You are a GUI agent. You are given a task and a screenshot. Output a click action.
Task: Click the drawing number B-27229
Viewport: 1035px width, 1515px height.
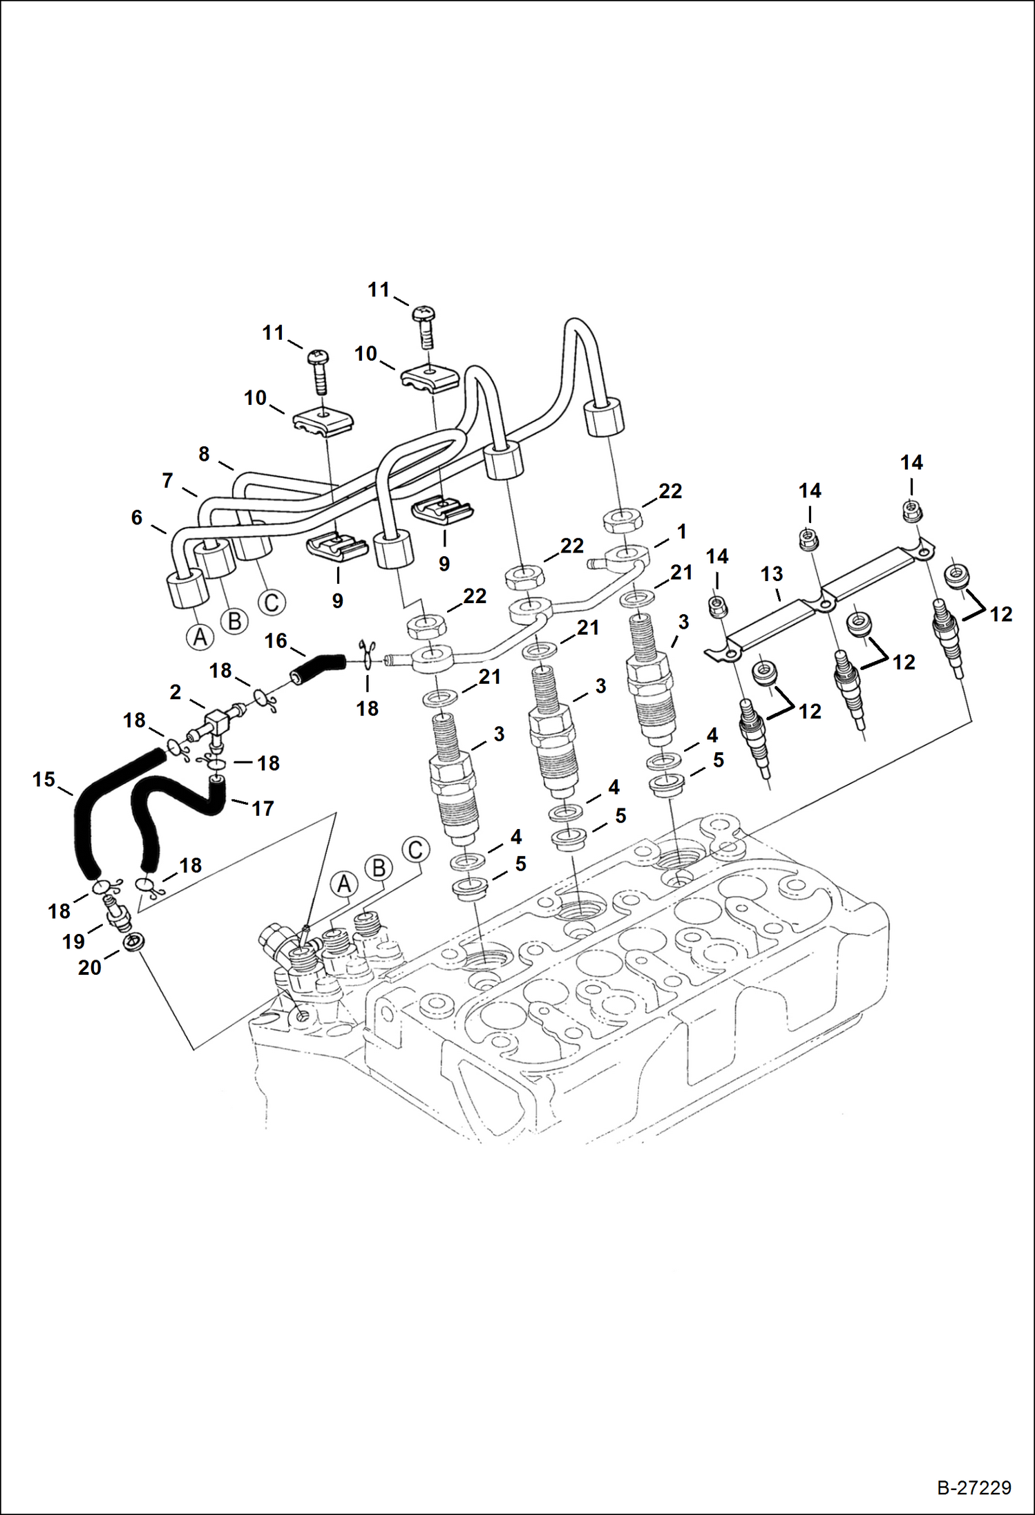[974, 1487]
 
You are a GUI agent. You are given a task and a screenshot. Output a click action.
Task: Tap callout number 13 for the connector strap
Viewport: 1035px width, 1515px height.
[772, 573]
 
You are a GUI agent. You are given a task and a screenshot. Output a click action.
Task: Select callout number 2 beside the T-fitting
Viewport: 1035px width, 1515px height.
[175, 692]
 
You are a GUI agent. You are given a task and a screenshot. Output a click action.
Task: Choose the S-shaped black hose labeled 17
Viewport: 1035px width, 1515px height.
[173, 808]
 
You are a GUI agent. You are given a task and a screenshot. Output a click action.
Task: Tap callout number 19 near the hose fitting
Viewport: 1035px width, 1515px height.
[73, 941]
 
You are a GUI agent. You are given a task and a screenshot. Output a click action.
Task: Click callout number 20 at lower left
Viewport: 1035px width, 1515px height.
[89, 967]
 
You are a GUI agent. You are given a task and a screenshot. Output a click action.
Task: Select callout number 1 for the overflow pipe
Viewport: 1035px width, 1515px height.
[682, 531]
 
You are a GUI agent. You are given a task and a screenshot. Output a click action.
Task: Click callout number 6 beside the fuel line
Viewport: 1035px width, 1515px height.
[137, 517]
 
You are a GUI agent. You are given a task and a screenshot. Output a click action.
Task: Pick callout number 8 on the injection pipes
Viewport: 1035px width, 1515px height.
[203, 454]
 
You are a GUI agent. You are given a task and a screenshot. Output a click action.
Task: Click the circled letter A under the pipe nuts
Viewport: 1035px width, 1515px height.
[200, 636]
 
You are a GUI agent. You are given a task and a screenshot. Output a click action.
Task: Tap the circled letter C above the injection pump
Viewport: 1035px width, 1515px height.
[415, 849]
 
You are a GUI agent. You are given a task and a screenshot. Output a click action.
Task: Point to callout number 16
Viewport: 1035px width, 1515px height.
[276, 640]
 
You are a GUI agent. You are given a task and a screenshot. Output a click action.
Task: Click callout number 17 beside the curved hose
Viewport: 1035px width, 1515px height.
[263, 808]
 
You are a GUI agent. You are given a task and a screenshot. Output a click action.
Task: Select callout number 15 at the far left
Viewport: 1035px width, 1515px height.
[44, 779]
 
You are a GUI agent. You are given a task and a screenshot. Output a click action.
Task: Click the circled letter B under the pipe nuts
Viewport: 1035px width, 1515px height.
[234, 620]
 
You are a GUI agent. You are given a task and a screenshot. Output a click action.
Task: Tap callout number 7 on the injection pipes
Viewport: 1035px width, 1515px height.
[167, 480]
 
